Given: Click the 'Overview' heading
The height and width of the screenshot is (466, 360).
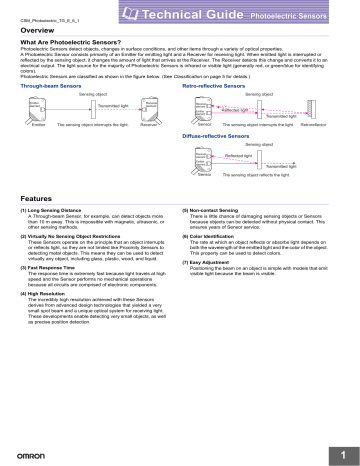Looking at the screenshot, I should [x=41, y=31].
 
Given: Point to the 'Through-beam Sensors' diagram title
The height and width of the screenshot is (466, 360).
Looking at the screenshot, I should [x=50, y=87].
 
